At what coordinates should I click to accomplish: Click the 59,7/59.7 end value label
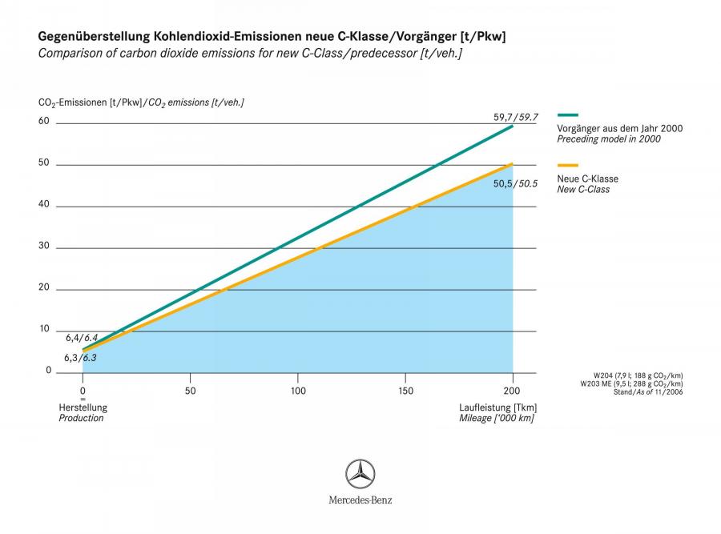pos(515,117)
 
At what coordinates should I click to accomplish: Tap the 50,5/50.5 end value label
pos(515,184)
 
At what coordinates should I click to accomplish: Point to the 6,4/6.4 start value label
pos(82,338)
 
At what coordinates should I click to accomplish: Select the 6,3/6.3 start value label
pos(80,358)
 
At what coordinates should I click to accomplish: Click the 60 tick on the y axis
pos(44,121)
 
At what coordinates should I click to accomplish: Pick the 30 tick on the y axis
pos(44,246)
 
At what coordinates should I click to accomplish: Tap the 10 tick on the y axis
pos(44,328)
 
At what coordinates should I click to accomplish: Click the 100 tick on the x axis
pos(298,391)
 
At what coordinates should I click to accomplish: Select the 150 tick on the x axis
pos(405,391)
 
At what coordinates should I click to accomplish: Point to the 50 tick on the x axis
pos(191,391)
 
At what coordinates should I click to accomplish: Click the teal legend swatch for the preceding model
pos(567,115)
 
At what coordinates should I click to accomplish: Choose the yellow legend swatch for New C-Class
pos(567,165)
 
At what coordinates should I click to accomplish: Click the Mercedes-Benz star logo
pos(360,474)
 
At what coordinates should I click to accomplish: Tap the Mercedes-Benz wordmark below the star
pos(360,500)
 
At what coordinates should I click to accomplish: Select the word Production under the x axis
pos(82,418)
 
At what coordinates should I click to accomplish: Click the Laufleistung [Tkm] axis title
pos(498,408)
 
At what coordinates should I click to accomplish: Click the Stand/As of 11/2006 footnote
pos(648,392)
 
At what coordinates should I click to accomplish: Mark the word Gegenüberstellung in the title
pos(95,37)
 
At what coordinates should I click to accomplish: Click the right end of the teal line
pos(513,126)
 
